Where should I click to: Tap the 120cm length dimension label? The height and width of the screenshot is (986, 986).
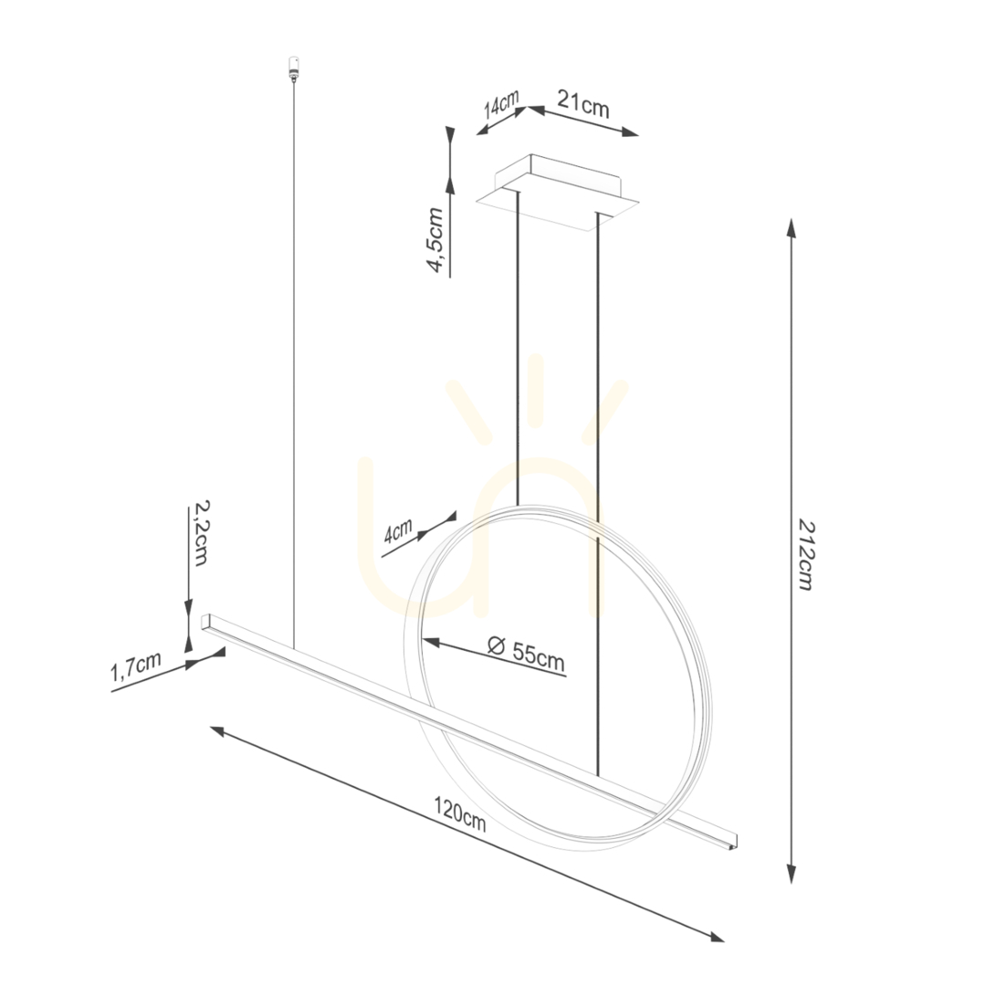(459, 813)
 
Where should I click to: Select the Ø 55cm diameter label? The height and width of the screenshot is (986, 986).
(527, 655)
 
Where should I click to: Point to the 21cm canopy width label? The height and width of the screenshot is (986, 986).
(582, 104)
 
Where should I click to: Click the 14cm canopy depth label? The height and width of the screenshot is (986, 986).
(501, 105)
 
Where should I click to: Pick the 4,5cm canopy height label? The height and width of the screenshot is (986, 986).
(435, 240)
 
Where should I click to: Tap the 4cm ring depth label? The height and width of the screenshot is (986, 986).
(398, 532)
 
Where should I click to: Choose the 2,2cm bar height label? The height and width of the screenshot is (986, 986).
(199, 533)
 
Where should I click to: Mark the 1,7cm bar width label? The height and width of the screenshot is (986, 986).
(135, 666)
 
